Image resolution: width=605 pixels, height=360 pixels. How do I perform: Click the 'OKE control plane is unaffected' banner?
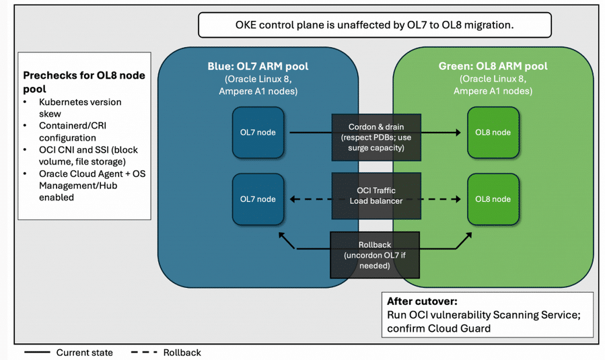(x=375, y=25)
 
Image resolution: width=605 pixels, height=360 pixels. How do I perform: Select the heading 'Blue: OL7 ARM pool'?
(x=258, y=67)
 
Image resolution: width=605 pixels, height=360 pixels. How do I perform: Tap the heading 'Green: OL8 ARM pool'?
(x=493, y=66)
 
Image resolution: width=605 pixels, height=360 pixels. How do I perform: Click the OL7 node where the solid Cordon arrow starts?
(x=258, y=133)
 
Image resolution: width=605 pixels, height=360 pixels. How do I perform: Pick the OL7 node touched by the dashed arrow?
(x=258, y=199)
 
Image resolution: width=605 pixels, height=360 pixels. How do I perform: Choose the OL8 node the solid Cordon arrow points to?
(x=493, y=133)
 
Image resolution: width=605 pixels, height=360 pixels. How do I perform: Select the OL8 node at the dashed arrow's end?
(x=493, y=199)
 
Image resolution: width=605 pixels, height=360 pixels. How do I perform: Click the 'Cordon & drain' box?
(x=376, y=137)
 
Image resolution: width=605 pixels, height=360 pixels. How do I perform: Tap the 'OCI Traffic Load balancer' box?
(x=376, y=196)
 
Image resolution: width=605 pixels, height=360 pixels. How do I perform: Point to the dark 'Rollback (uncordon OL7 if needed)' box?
(x=375, y=255)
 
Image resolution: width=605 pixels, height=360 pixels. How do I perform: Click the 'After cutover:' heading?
(x=422, y=301)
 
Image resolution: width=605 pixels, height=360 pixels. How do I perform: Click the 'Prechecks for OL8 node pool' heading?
(x=84, y=82)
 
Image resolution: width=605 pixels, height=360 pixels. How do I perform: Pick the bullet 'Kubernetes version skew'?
(x=80, y=108)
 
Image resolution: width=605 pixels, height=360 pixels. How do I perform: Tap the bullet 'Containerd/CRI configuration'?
(x=73, y=132)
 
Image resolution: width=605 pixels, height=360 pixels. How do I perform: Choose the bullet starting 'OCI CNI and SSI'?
(x=88, y=155)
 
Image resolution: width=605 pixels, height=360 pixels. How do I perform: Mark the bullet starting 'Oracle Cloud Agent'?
(x=92, y=185)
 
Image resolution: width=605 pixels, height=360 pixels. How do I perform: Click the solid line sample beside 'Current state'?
(x=37, y=353)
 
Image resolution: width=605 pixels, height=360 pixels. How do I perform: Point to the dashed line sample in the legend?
(x=144, y=353)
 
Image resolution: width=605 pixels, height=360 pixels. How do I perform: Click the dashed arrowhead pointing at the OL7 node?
(x=293, y=199)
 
